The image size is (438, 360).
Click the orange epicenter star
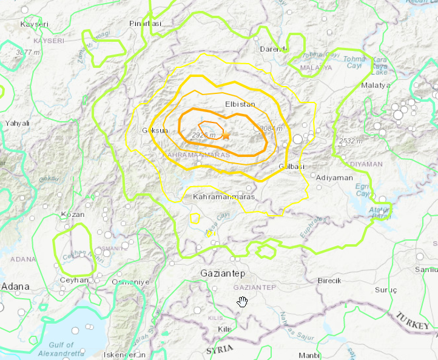[226, 136]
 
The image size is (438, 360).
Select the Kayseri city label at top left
[35, 25]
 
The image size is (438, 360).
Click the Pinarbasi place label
[145, 23]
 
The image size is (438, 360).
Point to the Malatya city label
[376, 85]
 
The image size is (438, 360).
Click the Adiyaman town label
[335, 178]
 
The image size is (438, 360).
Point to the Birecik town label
[330, 281]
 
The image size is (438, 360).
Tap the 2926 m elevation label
[203, 135]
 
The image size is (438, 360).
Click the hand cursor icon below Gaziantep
[243, 301]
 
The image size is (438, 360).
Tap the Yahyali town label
[18, 123]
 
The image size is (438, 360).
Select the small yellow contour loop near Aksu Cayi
[195, 218]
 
